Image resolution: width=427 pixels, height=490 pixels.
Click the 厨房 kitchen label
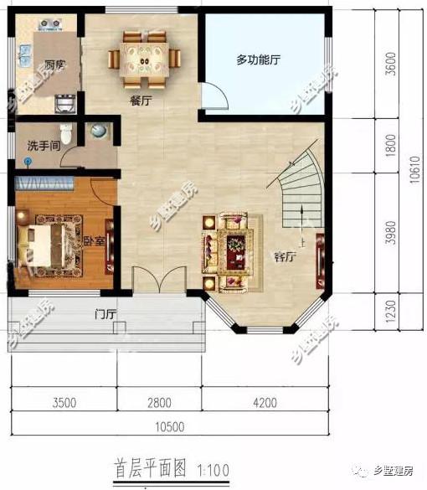click(56, 65)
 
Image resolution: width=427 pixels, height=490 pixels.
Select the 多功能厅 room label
click(257, 60)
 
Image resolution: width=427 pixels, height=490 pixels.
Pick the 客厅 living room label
click(286, 255)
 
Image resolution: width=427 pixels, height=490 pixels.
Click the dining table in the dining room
click(144, 59)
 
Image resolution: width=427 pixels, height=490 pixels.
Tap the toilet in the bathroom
click(99, 132)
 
